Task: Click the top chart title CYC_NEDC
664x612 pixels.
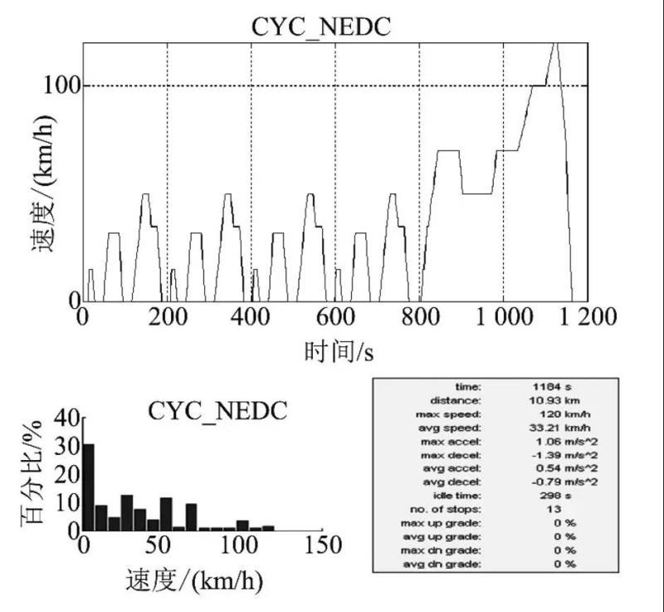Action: pyautogui.click(x=320, y=27)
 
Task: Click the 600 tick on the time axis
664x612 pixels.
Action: pyautogui.click(x=335, y=318)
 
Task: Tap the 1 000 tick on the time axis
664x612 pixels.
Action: pyautogui.click(x=503, y=318)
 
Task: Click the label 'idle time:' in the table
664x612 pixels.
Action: pyautogui.click(x=461, y=495)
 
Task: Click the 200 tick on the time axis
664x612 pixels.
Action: pyautogui.click(x=167, y=318)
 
